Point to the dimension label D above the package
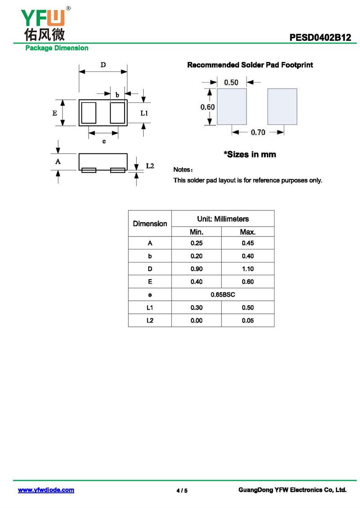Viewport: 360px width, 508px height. tap(103, 65)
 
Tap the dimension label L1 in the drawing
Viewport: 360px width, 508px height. tap(144, 113)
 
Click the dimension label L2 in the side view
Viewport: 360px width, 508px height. tap(150, 166)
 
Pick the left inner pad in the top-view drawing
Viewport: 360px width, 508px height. tap(89, 112)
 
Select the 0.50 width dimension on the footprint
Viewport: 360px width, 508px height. tap(231, 82)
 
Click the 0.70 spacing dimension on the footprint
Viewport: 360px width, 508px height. tap(258, 132)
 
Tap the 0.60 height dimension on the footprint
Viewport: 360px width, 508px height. tap(207, 107)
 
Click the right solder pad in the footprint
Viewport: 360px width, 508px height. tap(282, 107)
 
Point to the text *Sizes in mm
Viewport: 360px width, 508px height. tap(250, 155)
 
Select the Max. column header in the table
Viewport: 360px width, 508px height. tap(247, 232)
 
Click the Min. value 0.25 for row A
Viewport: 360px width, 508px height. tap(196, 243)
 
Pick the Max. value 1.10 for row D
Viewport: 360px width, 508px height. tap(247, 269)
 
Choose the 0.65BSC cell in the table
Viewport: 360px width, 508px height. tap(223, 294)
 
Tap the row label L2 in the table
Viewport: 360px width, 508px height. tap(150, 321)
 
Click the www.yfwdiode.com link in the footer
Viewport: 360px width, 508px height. tap(46, 490)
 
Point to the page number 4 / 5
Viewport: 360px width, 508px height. tap(182, 490)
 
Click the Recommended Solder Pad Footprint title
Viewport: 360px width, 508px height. tap(250, 65)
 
